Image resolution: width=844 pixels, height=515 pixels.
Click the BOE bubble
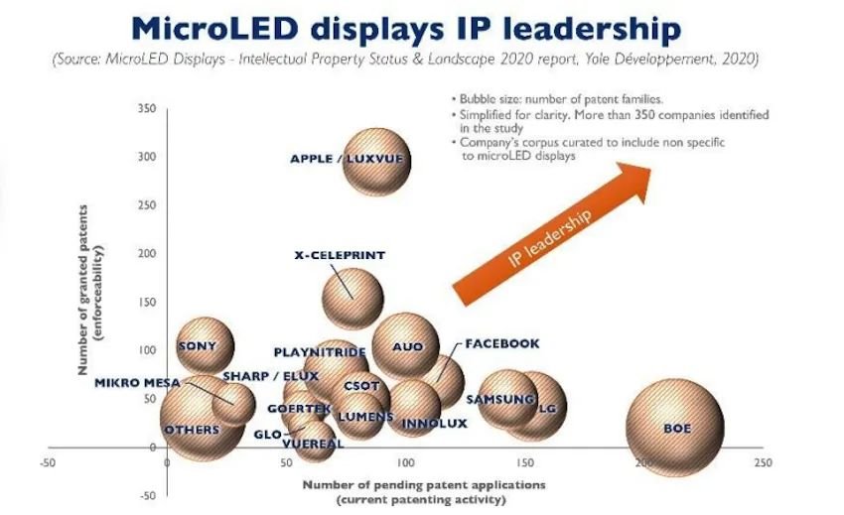[675, 428]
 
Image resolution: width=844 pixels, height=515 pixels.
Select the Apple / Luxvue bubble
[376, 162]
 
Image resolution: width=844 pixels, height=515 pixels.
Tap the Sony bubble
[206, 345]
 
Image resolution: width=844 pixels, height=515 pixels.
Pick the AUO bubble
[406, 346]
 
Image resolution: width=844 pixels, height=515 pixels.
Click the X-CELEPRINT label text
[340, 255]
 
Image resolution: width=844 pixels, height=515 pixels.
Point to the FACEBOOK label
[502, 343]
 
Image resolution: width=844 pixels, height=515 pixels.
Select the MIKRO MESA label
[137, 383]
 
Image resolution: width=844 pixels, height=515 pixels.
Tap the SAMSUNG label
[500, 399]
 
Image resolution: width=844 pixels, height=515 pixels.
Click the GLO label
[267, 435]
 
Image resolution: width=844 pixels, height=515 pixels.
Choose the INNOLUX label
[434, 424]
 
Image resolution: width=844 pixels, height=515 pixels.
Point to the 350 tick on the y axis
[147, 108]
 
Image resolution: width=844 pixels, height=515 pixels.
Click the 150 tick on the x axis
[525, 462]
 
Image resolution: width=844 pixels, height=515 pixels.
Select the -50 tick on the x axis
[48, 462]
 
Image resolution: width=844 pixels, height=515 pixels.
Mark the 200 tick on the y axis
[147, 253]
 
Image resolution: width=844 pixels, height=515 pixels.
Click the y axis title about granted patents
[90, 290]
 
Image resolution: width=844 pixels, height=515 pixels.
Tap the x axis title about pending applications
[424, 492]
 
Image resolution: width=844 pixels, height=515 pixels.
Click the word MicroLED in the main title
[214, 29]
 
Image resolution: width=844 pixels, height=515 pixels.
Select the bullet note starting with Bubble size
[557, 99]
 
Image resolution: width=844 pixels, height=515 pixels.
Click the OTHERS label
[193, 430]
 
